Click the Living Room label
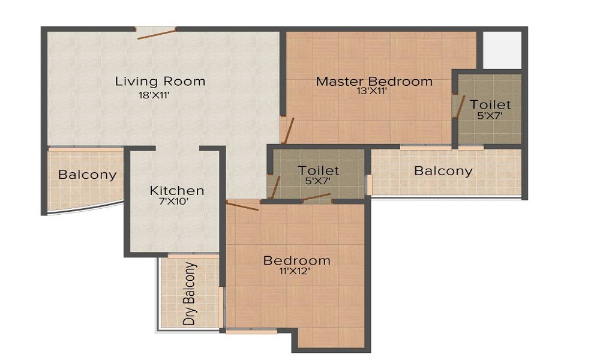[x=160, y=81]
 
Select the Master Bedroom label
[x=374, y=81]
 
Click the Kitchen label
[x=176, y=191]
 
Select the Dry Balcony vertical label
[x=190, y=293]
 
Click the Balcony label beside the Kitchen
[x=87, y=175]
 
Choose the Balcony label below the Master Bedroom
[x=443, y=171]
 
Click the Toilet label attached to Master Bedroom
[x=490, y=104]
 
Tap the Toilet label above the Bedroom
[x=319, y=171]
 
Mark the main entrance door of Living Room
[x=156, y=32]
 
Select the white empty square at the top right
[x=502, y=49]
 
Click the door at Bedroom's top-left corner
[x=242, y=206]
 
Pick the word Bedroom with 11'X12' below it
[x=297, y=260]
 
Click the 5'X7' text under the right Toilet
[x=490, y=116]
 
